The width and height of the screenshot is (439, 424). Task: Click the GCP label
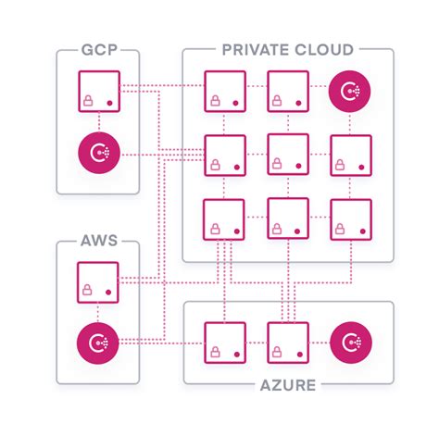click(97, 49)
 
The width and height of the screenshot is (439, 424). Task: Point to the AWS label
click(97, 242)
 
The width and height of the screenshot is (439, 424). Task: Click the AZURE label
click(288, 382)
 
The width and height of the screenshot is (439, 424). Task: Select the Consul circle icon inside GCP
click(97, 153)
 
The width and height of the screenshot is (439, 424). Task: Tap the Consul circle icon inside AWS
click(97, 345)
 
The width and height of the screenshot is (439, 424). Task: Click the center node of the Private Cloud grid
click(288, 154)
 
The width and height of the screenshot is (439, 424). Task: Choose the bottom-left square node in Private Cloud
click(224, 218)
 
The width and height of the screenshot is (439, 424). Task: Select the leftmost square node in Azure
click(224, 341)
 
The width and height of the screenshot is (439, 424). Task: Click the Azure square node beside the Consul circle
click(288, 341)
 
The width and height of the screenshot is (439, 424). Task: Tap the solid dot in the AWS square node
click(110, 294)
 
